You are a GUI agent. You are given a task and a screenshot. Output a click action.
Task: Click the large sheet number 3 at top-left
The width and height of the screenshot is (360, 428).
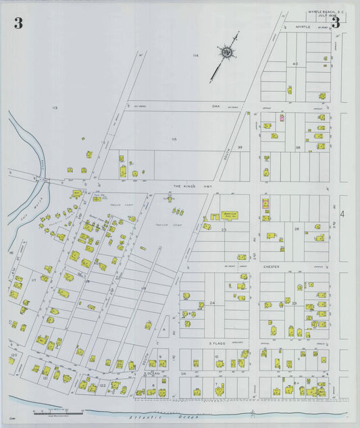point(18,24)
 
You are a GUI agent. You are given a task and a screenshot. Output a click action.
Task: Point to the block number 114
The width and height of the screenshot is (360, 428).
point(196,55)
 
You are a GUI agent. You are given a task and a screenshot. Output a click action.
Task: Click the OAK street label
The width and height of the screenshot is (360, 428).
point(216,106)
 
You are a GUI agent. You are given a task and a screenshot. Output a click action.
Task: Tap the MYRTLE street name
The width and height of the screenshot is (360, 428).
point(303,28)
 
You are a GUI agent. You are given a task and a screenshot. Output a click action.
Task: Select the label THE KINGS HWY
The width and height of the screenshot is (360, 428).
point(187,186)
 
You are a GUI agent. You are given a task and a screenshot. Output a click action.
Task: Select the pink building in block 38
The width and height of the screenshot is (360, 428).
point(282,118)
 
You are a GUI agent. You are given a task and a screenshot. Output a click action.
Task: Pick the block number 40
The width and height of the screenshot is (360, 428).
point(294,63)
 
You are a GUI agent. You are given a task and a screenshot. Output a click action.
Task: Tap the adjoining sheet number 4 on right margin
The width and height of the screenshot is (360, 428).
point(342,214)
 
